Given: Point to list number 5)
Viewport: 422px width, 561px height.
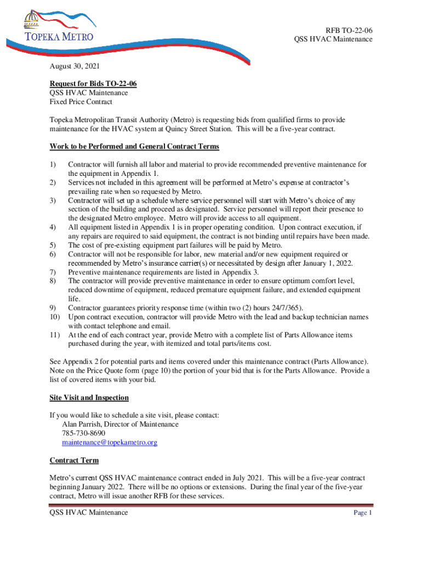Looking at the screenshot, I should click(x=53, y=245).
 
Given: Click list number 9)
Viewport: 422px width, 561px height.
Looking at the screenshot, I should click(x=53, y=308).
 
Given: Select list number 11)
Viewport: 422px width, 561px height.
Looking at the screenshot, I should click(x=55, y=335).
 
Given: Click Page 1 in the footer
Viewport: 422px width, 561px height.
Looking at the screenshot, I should click(x=363, y=513).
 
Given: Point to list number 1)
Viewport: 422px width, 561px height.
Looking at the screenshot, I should click(x=53, y=164).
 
